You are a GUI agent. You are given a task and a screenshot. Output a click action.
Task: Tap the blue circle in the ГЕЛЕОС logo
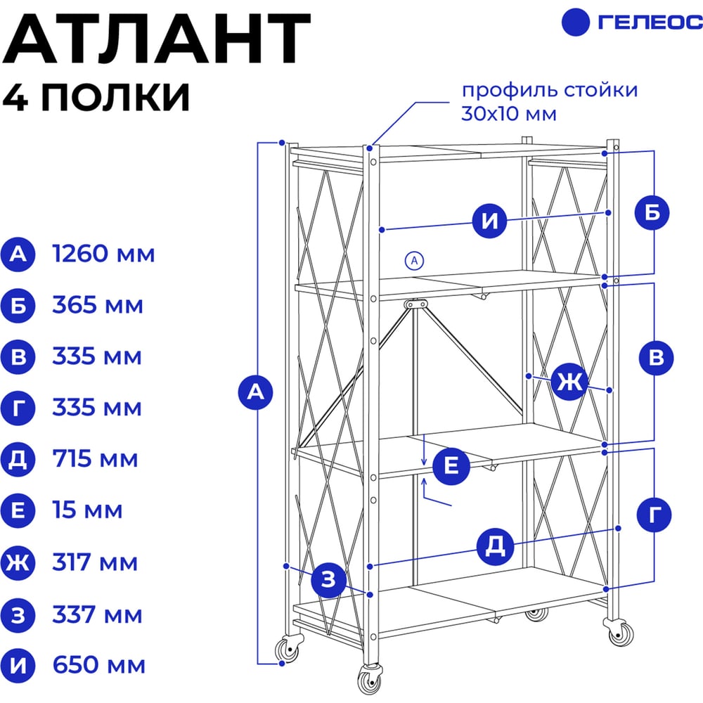575,22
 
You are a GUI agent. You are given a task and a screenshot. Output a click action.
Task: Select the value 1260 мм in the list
103,254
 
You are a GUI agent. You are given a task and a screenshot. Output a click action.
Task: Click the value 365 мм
98,305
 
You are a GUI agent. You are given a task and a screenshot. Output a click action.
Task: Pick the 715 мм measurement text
95,458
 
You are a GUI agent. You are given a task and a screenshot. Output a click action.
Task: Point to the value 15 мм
87,510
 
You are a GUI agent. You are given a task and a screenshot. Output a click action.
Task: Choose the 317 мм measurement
95,562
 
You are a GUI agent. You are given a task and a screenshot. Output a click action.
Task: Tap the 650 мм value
99,665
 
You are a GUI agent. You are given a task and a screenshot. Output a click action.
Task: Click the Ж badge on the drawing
569,382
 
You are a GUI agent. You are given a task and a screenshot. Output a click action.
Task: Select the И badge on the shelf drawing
489,221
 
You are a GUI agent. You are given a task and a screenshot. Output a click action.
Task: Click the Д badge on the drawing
494,546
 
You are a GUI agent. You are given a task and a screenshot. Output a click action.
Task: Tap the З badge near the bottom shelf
328,580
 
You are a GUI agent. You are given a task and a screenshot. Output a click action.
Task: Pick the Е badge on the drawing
451,466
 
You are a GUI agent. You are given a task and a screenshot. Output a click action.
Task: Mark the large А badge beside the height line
256,392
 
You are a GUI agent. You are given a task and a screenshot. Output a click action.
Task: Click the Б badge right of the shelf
652,212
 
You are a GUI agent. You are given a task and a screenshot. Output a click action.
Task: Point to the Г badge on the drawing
654,515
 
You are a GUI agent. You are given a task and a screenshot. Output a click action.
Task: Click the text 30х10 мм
509,114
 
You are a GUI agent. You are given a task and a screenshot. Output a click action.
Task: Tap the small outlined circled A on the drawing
414,261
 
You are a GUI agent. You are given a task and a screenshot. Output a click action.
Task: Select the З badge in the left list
18,614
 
